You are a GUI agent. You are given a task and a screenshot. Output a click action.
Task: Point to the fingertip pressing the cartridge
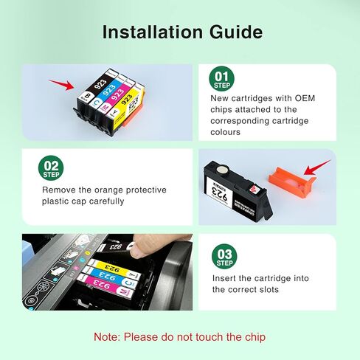[135, 248]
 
